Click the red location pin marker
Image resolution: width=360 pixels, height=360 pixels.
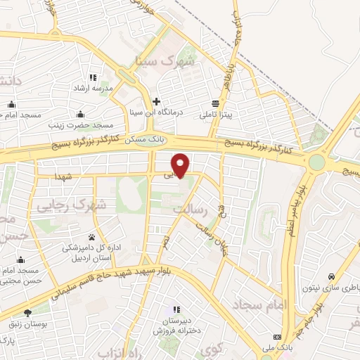tap(181, 164)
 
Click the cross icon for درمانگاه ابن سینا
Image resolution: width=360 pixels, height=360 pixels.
tap(156, 101)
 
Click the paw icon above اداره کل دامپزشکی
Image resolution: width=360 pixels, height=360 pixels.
tap(91, 237)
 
